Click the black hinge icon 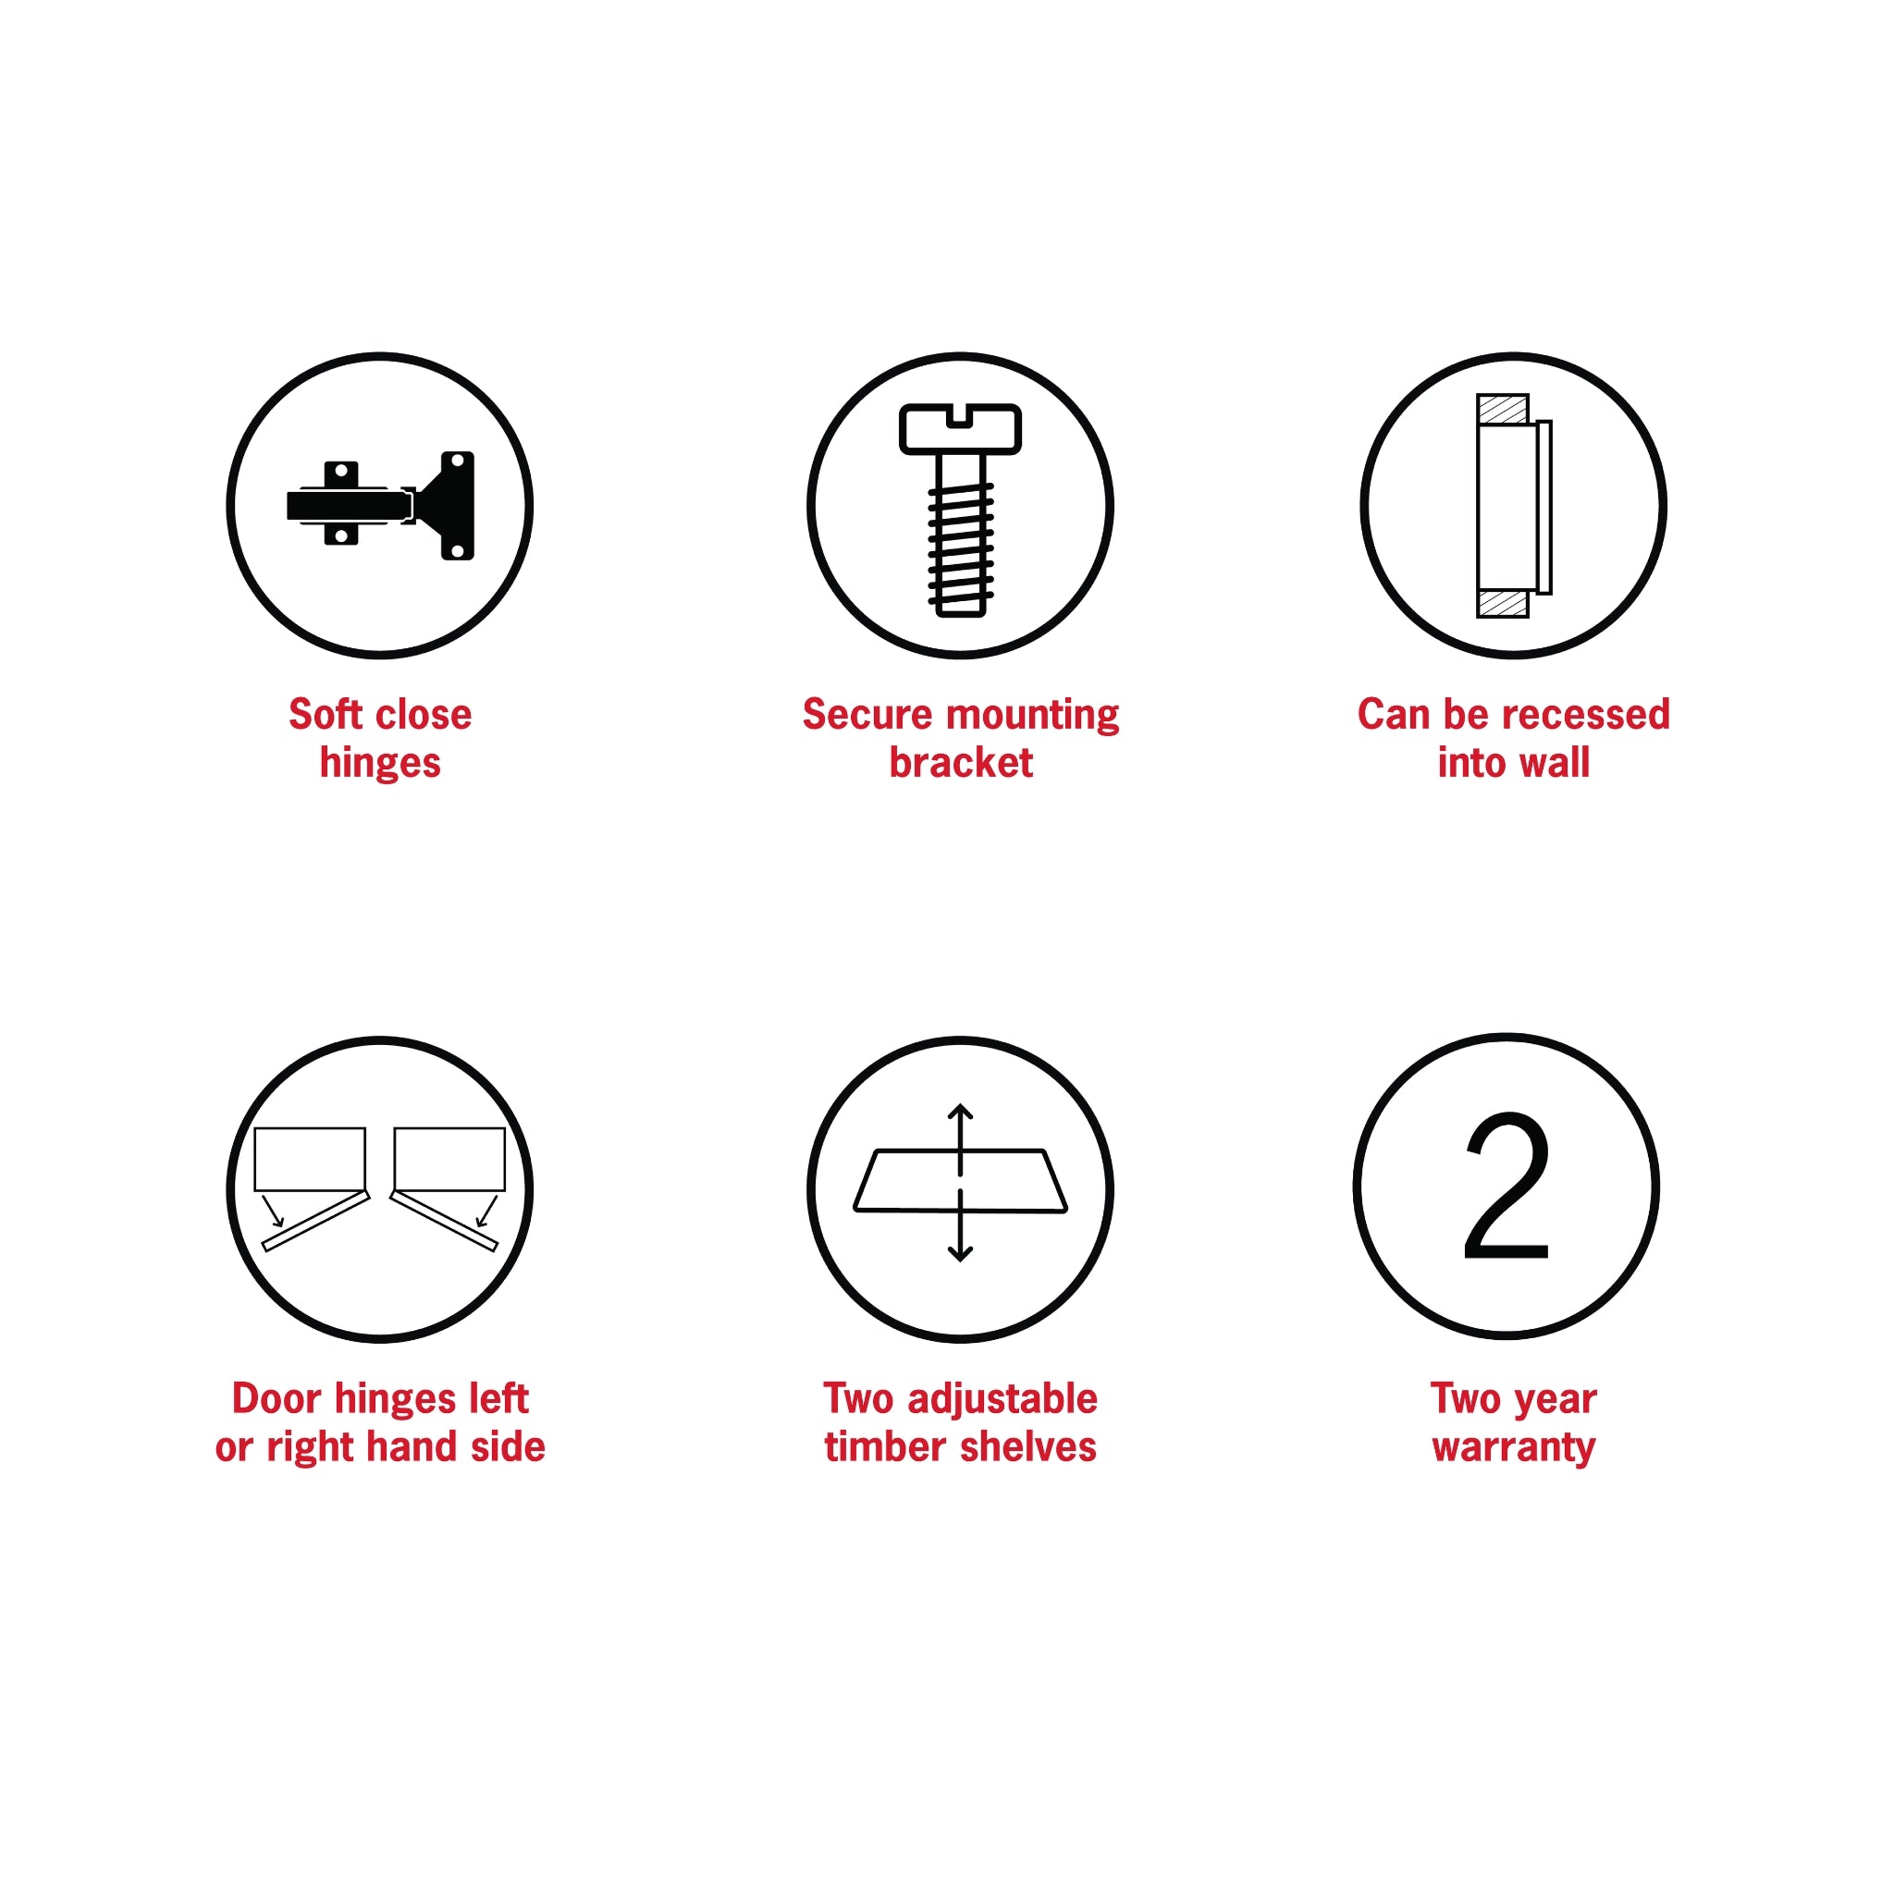pyautogui.click(x=380, y=505)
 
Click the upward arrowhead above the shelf pyautogui.click(x=961, y=1113)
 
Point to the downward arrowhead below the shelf pyautogui.click(x=961, y=1253)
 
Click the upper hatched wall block pyautogui.click(x=1503, y=409)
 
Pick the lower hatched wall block pyautogui.click(x=1503, y=604)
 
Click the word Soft pyautogui.click(x=326, y=714)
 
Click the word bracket pyautogui.click(x=961, y=763)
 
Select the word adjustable pyautogui.click(x=1002, y=1398)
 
